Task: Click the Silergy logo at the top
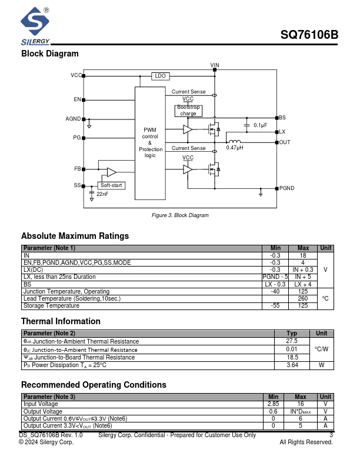[35, 26]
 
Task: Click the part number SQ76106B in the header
[309, 35]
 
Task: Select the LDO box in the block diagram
[160, 76]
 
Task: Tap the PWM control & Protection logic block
[150, 142]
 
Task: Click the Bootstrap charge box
[188, 111]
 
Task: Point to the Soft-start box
[111, 185]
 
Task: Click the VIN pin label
[215, 65]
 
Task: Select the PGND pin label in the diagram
[287, 188]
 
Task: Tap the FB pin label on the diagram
[77, 169]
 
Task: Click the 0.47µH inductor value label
[235, 148]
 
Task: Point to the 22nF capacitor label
[102, 194]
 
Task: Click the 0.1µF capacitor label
[260, 125]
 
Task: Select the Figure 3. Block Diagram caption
[180, 215]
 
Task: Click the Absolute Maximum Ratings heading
[75, 236]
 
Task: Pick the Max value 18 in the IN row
[303, 255]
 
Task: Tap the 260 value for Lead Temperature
[303, 298]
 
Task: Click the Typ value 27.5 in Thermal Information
[292, 341]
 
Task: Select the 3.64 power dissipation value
[292, 365]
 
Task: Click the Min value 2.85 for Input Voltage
[273, 404]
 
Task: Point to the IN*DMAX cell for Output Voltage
[301, 411]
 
